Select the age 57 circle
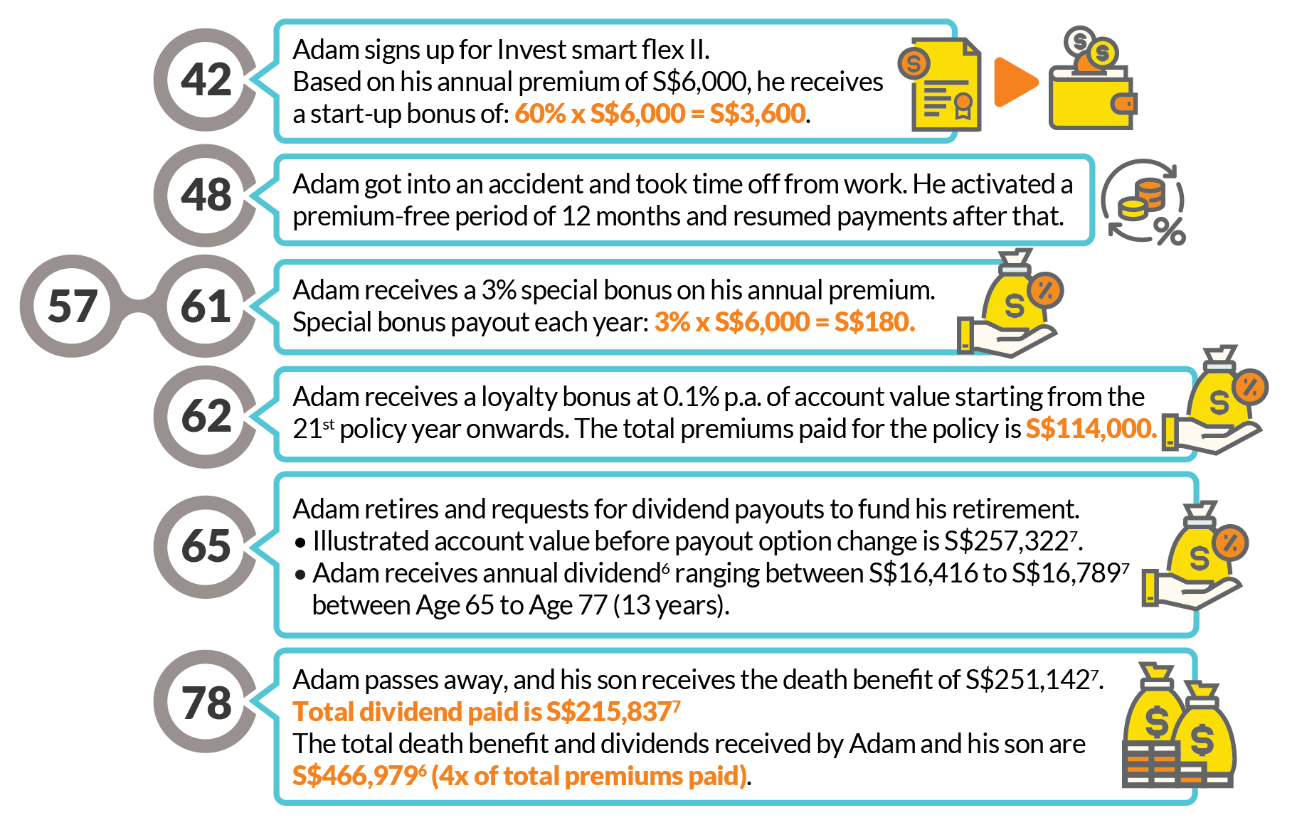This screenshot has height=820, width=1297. [72, 307]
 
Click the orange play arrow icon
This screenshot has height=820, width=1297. [1015, 82]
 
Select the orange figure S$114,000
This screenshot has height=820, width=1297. [1091, 429]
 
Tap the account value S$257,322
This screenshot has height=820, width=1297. [1006, 542]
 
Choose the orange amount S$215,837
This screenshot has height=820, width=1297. [608, 712]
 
